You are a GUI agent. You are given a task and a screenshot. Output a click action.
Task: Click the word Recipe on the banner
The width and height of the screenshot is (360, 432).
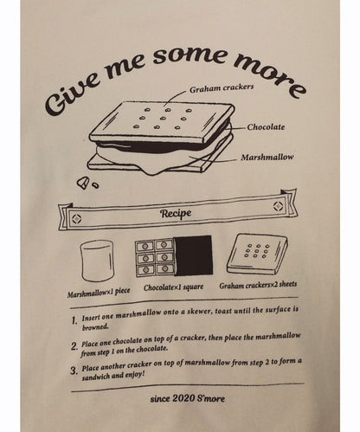point(176,214)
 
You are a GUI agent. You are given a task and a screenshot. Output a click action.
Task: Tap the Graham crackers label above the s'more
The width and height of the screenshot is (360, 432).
point(222,88)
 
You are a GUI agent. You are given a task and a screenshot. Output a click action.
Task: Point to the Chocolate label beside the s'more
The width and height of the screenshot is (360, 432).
point(266,127)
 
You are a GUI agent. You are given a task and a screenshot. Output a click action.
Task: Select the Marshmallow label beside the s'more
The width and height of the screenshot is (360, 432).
point(267,158)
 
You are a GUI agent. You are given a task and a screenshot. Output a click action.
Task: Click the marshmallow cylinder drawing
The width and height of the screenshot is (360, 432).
point(98,261)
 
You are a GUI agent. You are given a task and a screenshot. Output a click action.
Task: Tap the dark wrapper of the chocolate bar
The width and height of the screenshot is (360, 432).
point(193,255)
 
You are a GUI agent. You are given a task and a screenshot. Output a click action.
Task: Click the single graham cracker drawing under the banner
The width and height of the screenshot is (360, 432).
point(257,255)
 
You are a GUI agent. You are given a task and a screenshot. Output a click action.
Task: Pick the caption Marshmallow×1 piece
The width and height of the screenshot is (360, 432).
point(99,292)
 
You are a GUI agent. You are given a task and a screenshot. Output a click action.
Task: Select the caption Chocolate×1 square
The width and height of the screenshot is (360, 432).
point(174,287)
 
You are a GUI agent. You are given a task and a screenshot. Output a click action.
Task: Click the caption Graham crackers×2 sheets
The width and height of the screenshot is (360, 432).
point(258,285)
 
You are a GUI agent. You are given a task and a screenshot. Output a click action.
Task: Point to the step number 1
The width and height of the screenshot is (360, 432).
point(74,320)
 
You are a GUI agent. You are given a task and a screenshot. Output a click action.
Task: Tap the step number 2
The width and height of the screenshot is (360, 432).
point(74,345)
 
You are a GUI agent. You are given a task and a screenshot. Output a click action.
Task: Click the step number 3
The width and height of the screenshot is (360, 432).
point(74,371)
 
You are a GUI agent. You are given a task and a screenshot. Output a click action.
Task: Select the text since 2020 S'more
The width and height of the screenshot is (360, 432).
point(188,398)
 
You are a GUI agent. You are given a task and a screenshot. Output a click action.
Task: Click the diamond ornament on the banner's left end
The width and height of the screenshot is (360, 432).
point(77,218)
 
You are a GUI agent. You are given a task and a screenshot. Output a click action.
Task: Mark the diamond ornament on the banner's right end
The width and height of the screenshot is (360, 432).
point(278,206)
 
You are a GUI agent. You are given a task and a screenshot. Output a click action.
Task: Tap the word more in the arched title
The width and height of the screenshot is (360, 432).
point(270,75)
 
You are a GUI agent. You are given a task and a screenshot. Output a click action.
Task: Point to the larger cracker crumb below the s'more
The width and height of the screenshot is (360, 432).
point(83,183)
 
